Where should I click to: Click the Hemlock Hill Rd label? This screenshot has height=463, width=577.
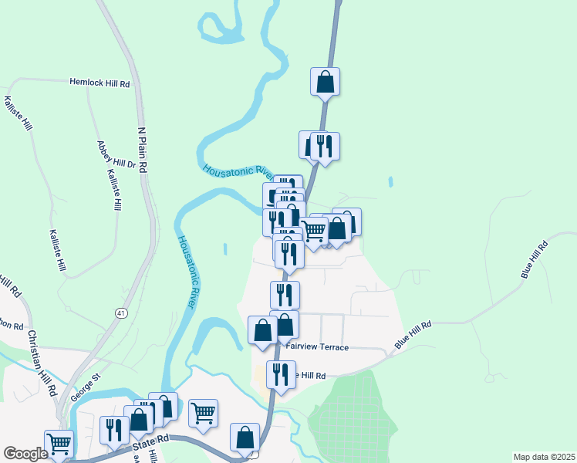100,81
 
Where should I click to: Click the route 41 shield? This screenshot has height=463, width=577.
121,313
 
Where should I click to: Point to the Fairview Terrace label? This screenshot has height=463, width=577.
317,347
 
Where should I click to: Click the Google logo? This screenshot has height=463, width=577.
25,454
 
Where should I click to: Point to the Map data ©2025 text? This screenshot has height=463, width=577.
544,457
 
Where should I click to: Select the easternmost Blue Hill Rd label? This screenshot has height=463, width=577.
533,259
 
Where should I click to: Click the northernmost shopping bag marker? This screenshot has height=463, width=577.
326,81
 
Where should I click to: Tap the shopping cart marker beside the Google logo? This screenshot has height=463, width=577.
59,443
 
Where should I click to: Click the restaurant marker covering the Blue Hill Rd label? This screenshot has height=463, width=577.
280,374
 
